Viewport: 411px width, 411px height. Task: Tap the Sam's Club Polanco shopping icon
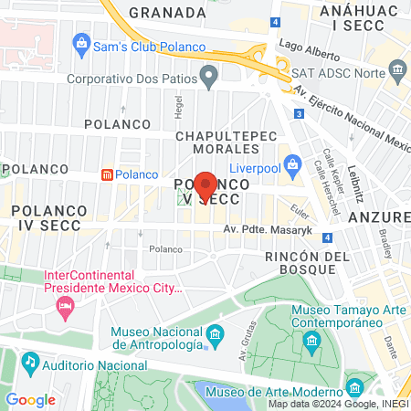tap(82, 42)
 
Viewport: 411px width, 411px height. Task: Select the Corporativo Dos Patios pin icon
tap(210, 75)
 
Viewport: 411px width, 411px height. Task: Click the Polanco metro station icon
tap(107, 174)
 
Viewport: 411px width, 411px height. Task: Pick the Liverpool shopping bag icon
tap(293, 165)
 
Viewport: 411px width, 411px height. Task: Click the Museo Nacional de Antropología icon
tap(215, 335)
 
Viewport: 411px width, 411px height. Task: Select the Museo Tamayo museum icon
tap(312, 342)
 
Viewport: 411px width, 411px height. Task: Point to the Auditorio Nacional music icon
tap(30, 361)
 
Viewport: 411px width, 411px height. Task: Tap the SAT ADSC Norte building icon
tap(396, 70)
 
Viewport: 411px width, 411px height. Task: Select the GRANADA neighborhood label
tap(167, 12)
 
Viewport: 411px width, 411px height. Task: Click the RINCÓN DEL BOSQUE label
tap(307, 265)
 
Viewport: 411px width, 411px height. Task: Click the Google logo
tap(31, 399)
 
